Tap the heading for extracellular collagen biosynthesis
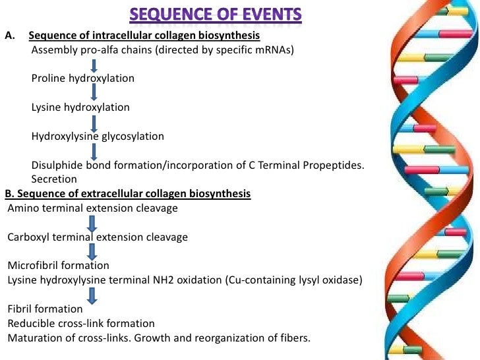(x=128, y=194)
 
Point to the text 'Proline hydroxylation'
(x=83, y=78)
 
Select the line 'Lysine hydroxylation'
(x=80, y=107)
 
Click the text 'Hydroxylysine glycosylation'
(x=98, y=136)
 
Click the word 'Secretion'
(x=54, y=179)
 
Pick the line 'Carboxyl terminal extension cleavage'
(x=98, y=237)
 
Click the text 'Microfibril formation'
(x=59, y=266)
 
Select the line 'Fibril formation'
(x=45, y=309)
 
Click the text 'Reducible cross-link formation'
(x=81, y=323)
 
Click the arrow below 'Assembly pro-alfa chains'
(x=95, y=65)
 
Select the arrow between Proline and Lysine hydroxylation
(x=95, y=93)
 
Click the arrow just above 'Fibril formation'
(x=92, y=295)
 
